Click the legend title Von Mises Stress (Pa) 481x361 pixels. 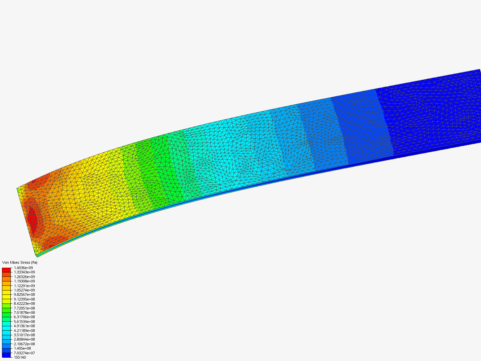click(x=20, y=262)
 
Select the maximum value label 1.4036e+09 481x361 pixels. click(x=23, y=268)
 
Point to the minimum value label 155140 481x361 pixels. click(x=20, y=358)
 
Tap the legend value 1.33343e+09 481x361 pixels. click(x=24, y=272)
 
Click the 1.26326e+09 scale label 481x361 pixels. click(x=24, y=277)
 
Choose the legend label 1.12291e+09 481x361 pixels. click(x=24, y=286)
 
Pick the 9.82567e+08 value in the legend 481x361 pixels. click(x=24, y=294)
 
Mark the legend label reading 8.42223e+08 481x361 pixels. click(x=24, y=304)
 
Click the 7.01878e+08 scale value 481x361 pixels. click(x=24, y=313)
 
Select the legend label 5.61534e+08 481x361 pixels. click(x=24, y=322)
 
